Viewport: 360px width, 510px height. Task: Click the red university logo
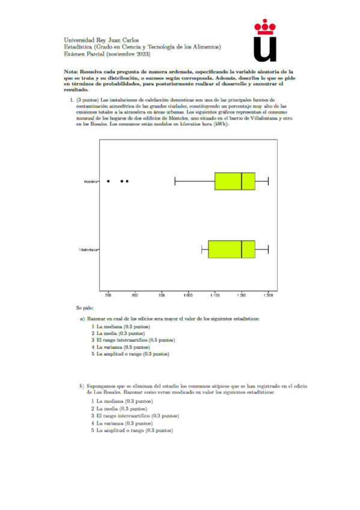pyautogui.click(x=265, y=41)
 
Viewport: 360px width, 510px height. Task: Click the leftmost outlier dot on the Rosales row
pyautogui.click(x=108, y=181)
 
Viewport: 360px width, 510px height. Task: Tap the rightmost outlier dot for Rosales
pyautogui.click(x=127, y=181)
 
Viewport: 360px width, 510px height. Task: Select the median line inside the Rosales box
pyautogui.click(x=242, y=181)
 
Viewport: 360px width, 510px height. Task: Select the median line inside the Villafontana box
pyautogui.click(x=242, y=249)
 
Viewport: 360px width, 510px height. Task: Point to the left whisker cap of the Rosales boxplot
pyautogui.click(x=175, y=181)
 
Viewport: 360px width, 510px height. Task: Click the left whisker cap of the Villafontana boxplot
pyautogui.click(x=202, y=249)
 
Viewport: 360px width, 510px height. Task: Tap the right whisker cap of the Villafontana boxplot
pyautogui.click(x=268, y=249)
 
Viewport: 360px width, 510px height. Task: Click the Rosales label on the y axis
pyautogui.click(x=91, y=181)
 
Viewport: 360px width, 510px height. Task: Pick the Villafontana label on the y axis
pyautogui.click(x=88, y=249)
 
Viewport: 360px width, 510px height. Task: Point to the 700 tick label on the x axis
pyautogui.click(x=108, y=295)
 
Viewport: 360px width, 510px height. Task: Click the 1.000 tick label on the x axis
pyautogui.click(x=188, y=295)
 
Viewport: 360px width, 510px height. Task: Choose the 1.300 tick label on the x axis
pyautogui.click(x=268, y=295)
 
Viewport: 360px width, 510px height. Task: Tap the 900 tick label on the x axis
pyautogui.click(x=162, y=295)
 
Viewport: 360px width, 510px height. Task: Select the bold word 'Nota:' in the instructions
pyautogui.click(x=70, y=71)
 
